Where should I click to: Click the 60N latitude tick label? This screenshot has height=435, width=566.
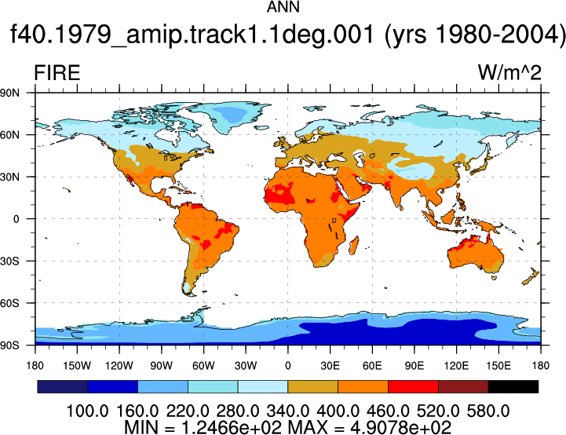9,135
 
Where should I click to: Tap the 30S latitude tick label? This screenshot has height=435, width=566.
9,261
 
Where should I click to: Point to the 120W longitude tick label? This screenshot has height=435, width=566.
119,366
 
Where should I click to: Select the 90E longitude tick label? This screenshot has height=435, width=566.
414,366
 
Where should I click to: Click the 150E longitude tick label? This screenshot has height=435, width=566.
498,366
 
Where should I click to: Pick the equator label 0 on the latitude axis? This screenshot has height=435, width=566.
16,219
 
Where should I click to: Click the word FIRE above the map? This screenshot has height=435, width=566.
57,73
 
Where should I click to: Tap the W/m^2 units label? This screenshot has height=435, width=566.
509,72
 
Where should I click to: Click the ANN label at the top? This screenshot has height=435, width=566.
283,7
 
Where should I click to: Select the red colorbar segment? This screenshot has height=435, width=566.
413,386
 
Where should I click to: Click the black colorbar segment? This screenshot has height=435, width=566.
513,386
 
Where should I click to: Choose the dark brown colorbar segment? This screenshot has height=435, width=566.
463,386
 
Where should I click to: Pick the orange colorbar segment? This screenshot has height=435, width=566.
363,386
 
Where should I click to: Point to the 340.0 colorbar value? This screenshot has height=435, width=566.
287,411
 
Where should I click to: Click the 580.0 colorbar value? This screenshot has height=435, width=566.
488,411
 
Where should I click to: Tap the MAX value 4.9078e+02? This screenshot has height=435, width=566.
400,427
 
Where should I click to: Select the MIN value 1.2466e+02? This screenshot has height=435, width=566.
232,427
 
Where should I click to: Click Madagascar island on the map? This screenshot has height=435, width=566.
354,245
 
